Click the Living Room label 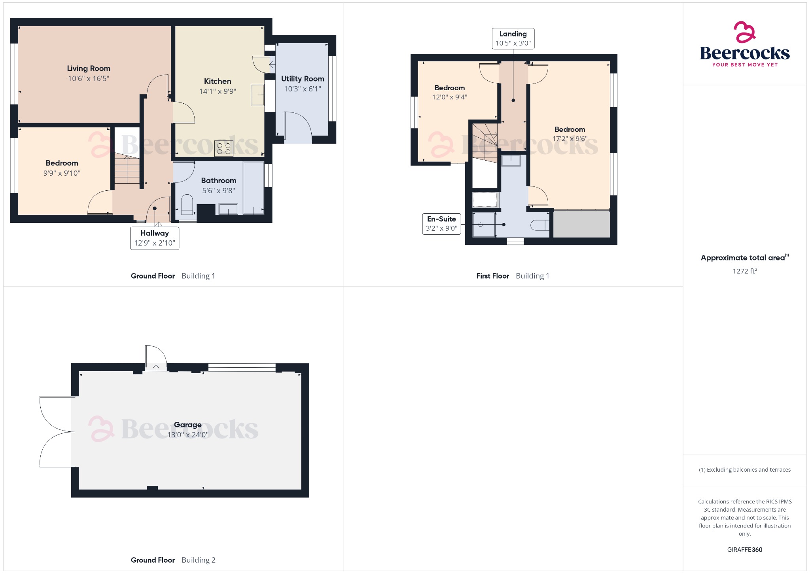88,68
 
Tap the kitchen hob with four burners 223,148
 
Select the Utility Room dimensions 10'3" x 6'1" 302,89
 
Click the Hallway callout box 155,238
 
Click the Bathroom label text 218,180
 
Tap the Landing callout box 513,38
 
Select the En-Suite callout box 441,224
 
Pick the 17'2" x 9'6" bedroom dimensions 570,139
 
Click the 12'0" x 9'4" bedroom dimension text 449,97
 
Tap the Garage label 187,425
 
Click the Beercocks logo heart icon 744,32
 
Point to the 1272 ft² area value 744,271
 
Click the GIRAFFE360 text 744,550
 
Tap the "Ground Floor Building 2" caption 173,560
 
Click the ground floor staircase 127,169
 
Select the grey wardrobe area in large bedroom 581,224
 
